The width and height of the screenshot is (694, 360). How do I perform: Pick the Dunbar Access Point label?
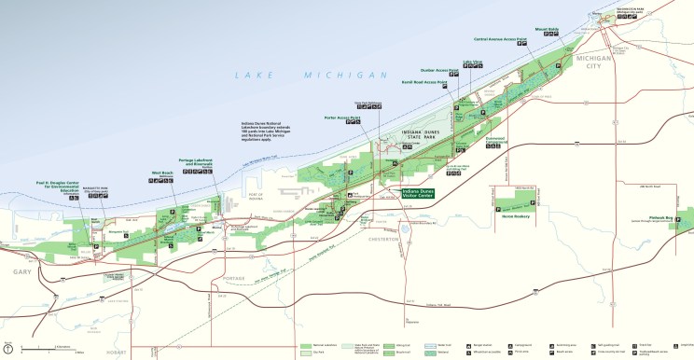(440, 71)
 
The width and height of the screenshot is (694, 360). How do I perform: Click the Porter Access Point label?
(342, 118)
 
